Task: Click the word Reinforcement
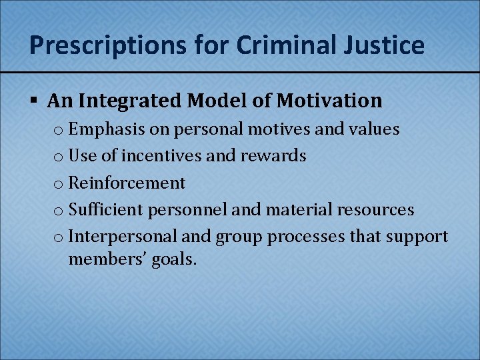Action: click(x=127, y=183)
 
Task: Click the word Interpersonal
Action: click(x=122, y=237)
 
